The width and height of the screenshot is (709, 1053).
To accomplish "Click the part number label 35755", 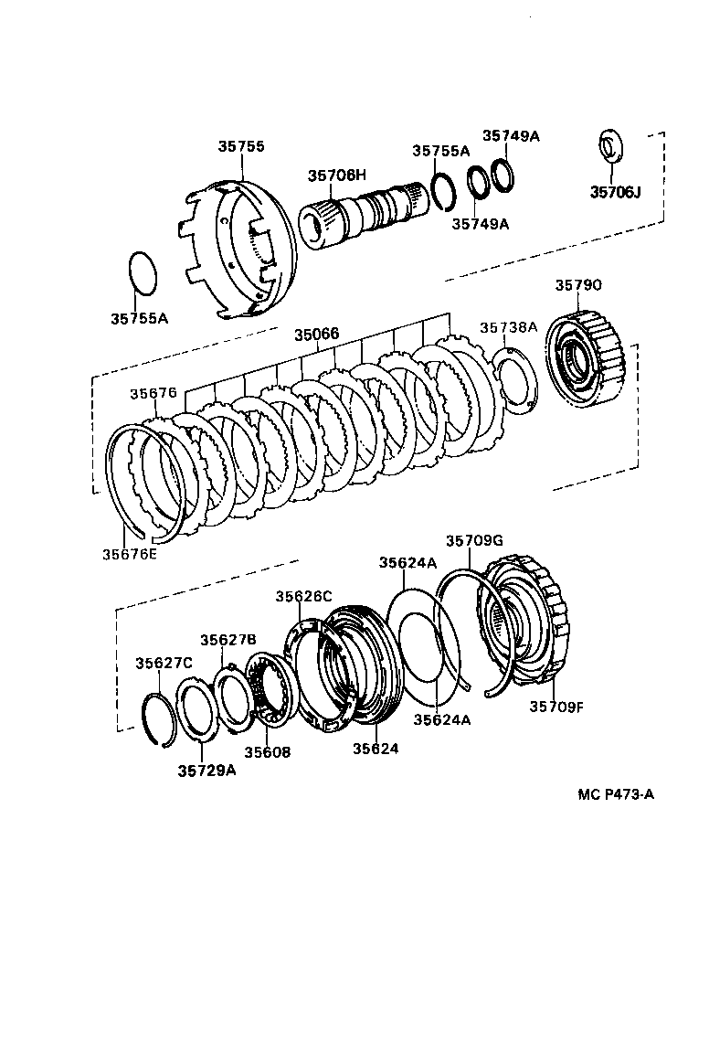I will pyautogui.click(x=241, y=145).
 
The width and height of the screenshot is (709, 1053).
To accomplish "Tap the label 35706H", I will pyautogui.click(x=336, y=175).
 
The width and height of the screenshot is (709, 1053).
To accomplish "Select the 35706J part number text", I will pyautogui.click(x=616, y=192).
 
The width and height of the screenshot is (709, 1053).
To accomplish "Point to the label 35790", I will pyautogui.click(x=578, y=285).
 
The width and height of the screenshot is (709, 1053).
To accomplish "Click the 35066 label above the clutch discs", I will pyautogui.click(x=316, y=335).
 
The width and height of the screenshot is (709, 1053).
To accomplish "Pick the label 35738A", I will pyautogui.click(x=509, y=326).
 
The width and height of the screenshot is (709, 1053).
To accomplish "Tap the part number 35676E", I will pyautogui.click(x=129, y=553).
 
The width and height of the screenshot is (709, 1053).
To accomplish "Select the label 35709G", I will pyautogui.click(x=474, y=541).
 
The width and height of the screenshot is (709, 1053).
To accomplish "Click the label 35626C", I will pyautogui.click(x=304, y=596).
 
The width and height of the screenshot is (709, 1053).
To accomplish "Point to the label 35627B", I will pyautogui.click(x=228, y=639).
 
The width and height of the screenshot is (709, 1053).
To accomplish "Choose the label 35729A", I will pyautogui.click(x=206, y=769).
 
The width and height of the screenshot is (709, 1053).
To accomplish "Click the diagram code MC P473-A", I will pyautogui.click(x=615, y=794).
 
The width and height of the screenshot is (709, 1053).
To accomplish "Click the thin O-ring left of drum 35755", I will pyautogui.click(x=141, y=272).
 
